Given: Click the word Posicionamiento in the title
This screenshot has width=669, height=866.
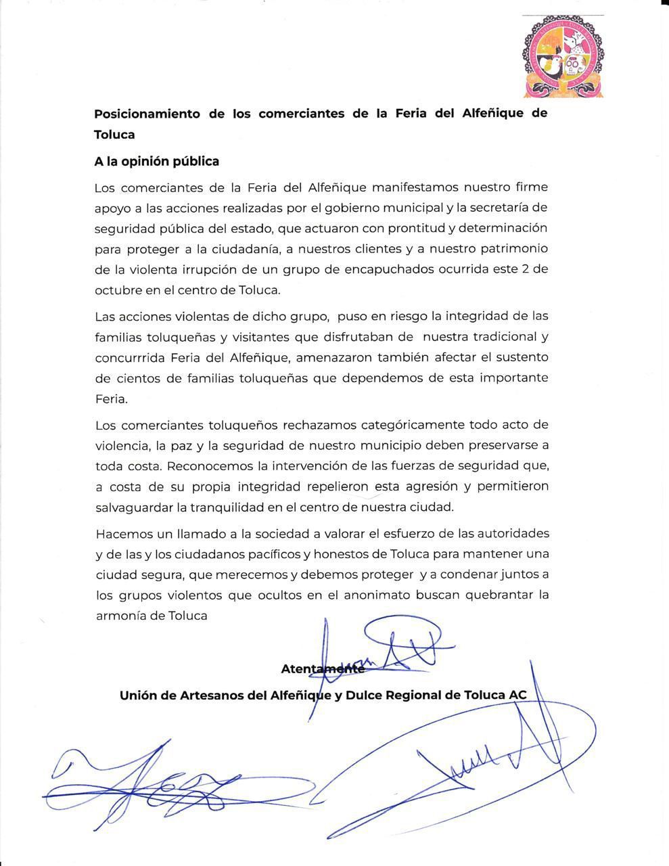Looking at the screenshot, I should point(147,114).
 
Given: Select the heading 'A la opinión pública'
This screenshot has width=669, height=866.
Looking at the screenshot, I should point(156,161).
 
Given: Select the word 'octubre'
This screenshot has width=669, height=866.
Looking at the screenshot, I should point(115,290).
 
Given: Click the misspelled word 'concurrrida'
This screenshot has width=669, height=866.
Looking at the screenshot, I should point(131,357).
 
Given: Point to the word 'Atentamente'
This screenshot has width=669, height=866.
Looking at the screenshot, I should point(322,668).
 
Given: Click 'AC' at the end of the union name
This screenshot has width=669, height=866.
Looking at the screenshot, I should point(517,695).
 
